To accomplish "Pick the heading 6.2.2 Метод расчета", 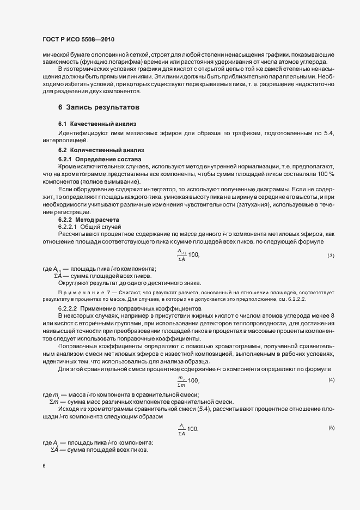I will pos(88,219).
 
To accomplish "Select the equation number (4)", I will pos(331,380).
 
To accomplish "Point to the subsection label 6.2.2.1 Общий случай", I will pos(89,226).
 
